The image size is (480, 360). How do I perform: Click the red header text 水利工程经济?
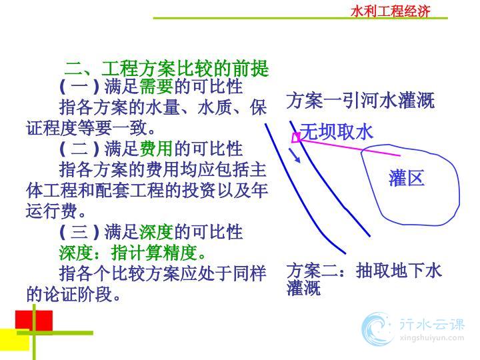click(390, 11)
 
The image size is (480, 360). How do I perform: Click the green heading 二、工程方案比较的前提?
click(167, 68)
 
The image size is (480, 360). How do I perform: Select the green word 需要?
click(157, 86)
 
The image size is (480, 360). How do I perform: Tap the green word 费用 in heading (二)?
click(157, 149)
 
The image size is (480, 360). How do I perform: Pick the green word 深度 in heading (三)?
click(157, 232)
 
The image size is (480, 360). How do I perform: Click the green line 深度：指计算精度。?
click(132, 253)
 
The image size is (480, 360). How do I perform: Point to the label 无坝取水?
click(336, 132)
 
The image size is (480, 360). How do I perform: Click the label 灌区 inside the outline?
click(407, 178)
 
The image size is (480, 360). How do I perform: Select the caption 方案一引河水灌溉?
click(360, 101)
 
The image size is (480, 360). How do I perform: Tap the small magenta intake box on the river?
click(296, 138)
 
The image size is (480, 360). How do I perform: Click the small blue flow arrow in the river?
click(294, 155)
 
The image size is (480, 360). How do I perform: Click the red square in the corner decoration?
click(34, 321)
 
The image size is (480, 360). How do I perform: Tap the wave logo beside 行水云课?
click(377, 329)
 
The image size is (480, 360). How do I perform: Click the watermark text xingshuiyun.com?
click(432, 338)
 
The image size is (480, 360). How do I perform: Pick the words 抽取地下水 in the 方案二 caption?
click(399, 271)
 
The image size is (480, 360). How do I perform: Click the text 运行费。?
click(56, 211)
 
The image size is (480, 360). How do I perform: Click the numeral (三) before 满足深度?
click(79, 232)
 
